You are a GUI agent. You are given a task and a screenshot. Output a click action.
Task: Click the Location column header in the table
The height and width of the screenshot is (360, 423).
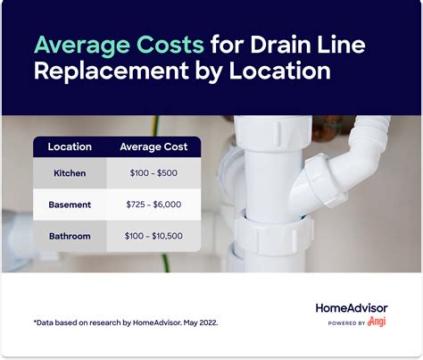tap(69, 147)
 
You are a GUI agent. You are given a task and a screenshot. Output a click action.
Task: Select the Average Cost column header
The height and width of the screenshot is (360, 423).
tap(153, 147)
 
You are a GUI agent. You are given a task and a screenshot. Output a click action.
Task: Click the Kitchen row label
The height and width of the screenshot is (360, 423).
tap(70, 173)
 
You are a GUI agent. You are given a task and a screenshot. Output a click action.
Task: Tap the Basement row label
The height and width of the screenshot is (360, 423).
tap(70, 205)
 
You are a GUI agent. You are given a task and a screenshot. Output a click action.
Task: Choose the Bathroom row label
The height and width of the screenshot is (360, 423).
tap(70, 236)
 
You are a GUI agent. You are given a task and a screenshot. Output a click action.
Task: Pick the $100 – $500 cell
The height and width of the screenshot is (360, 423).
tap(153, 173)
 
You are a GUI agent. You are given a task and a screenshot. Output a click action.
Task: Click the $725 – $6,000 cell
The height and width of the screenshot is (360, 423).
tap(153, 205)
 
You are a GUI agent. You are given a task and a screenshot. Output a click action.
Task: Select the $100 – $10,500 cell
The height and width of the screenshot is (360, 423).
tap(153, 236)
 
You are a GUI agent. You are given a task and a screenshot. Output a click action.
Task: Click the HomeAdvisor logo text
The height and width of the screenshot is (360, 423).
tap(352, 308)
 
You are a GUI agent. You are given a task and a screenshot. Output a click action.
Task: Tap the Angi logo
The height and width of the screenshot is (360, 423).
tap(379, 322)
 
